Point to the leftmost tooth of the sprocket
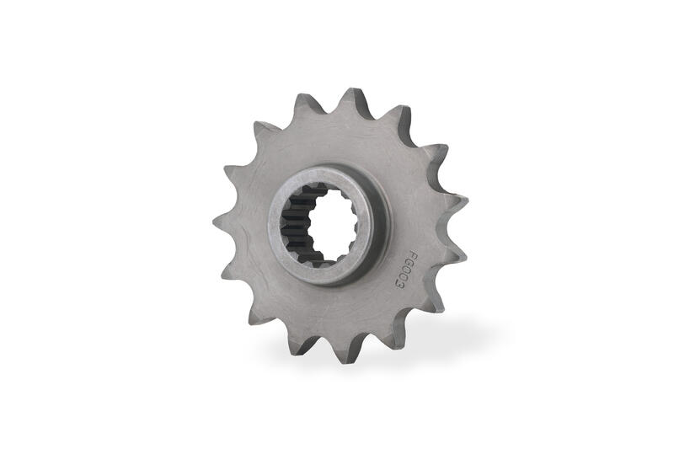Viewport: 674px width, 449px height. click(x=222, y=222)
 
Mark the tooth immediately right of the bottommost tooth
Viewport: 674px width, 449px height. click(x=387, y=341)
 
